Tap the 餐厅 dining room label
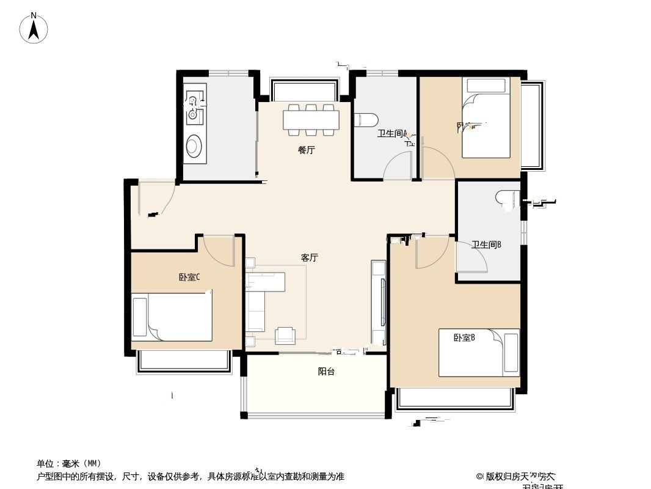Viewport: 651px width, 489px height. coord(307,150)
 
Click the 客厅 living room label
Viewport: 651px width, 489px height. coord(310,257)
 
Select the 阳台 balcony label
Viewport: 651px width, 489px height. coord(326,371)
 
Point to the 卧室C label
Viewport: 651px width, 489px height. coord(189,277)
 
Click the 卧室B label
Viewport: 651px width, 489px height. coord(464,337)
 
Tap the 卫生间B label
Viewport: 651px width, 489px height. coord(486,244)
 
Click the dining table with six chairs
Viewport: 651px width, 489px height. coord(311,119)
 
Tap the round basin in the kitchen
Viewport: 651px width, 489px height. coord(194,145)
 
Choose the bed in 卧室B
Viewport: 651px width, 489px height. coord(479,353)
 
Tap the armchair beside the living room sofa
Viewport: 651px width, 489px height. coord(285,334)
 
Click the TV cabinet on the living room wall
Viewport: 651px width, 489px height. coord(379,303)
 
